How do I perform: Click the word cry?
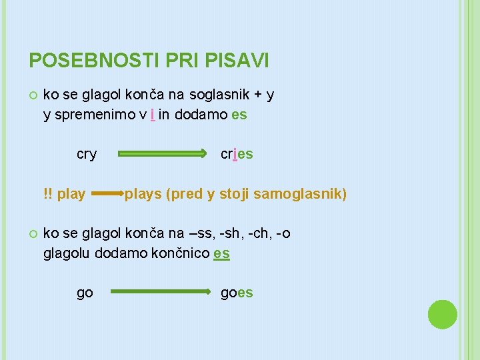pyautogui.click(x=87, y=154)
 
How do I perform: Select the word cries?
pyautogui.click(x=237, y=154)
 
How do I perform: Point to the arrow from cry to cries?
pyautogui.click(x=163, y=154)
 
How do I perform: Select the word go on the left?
pyautogui.click(x=85, y=293)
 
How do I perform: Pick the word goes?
pyautogui.click(x=237, y=293)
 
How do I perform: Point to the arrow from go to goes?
pyautogui.click(x=160, y=292)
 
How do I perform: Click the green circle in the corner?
pyautogui.click(x=442, y=315)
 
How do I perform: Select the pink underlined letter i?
pyautogui.click(x=153, y=115)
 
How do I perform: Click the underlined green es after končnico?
pyautogui.click(x=222, y=253)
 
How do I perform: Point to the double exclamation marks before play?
pyautogui.click(x=47, y=194)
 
